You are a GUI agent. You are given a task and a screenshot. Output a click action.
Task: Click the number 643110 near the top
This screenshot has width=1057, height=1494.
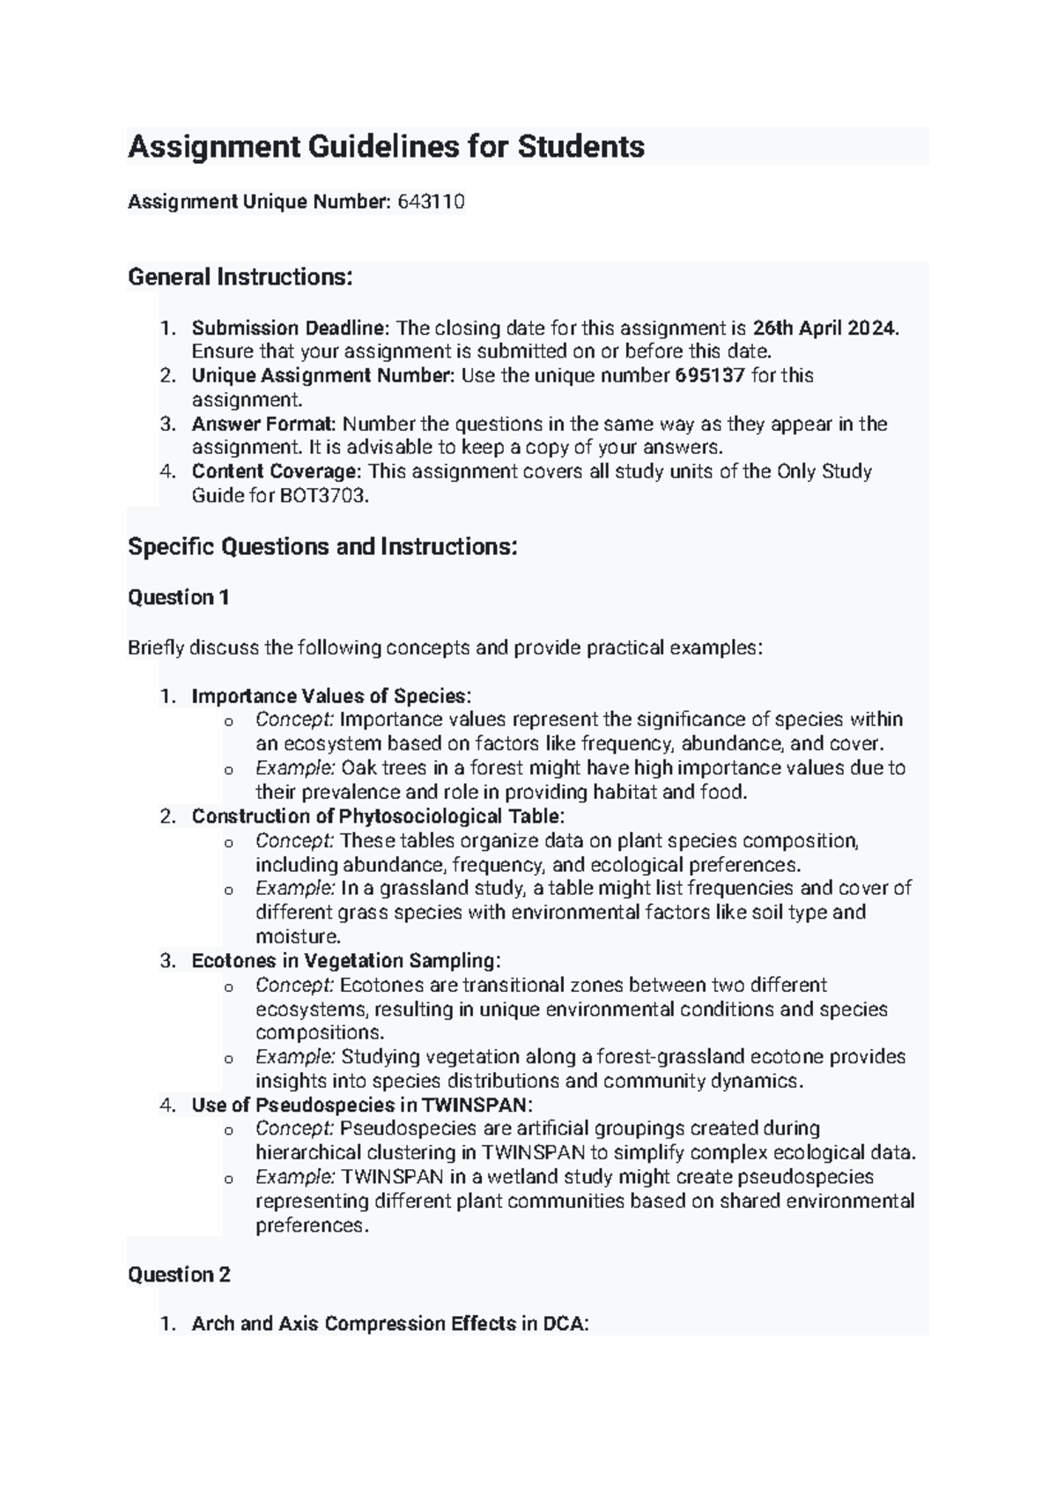click(431, 202)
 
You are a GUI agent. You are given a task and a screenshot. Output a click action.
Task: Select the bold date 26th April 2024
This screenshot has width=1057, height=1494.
click(824, 328)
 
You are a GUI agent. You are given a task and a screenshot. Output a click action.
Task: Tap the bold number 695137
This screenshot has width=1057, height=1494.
click(710, 375)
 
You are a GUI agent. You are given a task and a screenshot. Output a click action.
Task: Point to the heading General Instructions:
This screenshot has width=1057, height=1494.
click(240, 277)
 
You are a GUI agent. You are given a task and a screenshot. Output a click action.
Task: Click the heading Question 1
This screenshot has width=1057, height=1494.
click(179, 597)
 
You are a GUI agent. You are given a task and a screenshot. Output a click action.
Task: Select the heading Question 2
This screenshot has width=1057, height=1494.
click(179, 1274)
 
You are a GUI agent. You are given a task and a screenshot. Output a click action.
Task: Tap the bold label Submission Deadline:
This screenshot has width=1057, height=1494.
click(291, 328)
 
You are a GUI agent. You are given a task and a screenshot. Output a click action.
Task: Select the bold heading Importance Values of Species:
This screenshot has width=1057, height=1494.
click(331, 696)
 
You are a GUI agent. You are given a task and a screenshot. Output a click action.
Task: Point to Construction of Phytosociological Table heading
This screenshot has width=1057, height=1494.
click(378, 816)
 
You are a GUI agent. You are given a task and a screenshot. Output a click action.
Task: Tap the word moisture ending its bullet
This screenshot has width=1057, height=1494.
click(296, 936)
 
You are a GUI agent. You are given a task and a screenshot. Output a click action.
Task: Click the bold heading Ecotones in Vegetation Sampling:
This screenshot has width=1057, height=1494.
click(345, 960)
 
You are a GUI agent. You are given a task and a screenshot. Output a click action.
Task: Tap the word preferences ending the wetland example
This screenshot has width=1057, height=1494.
click(308, 1225)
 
